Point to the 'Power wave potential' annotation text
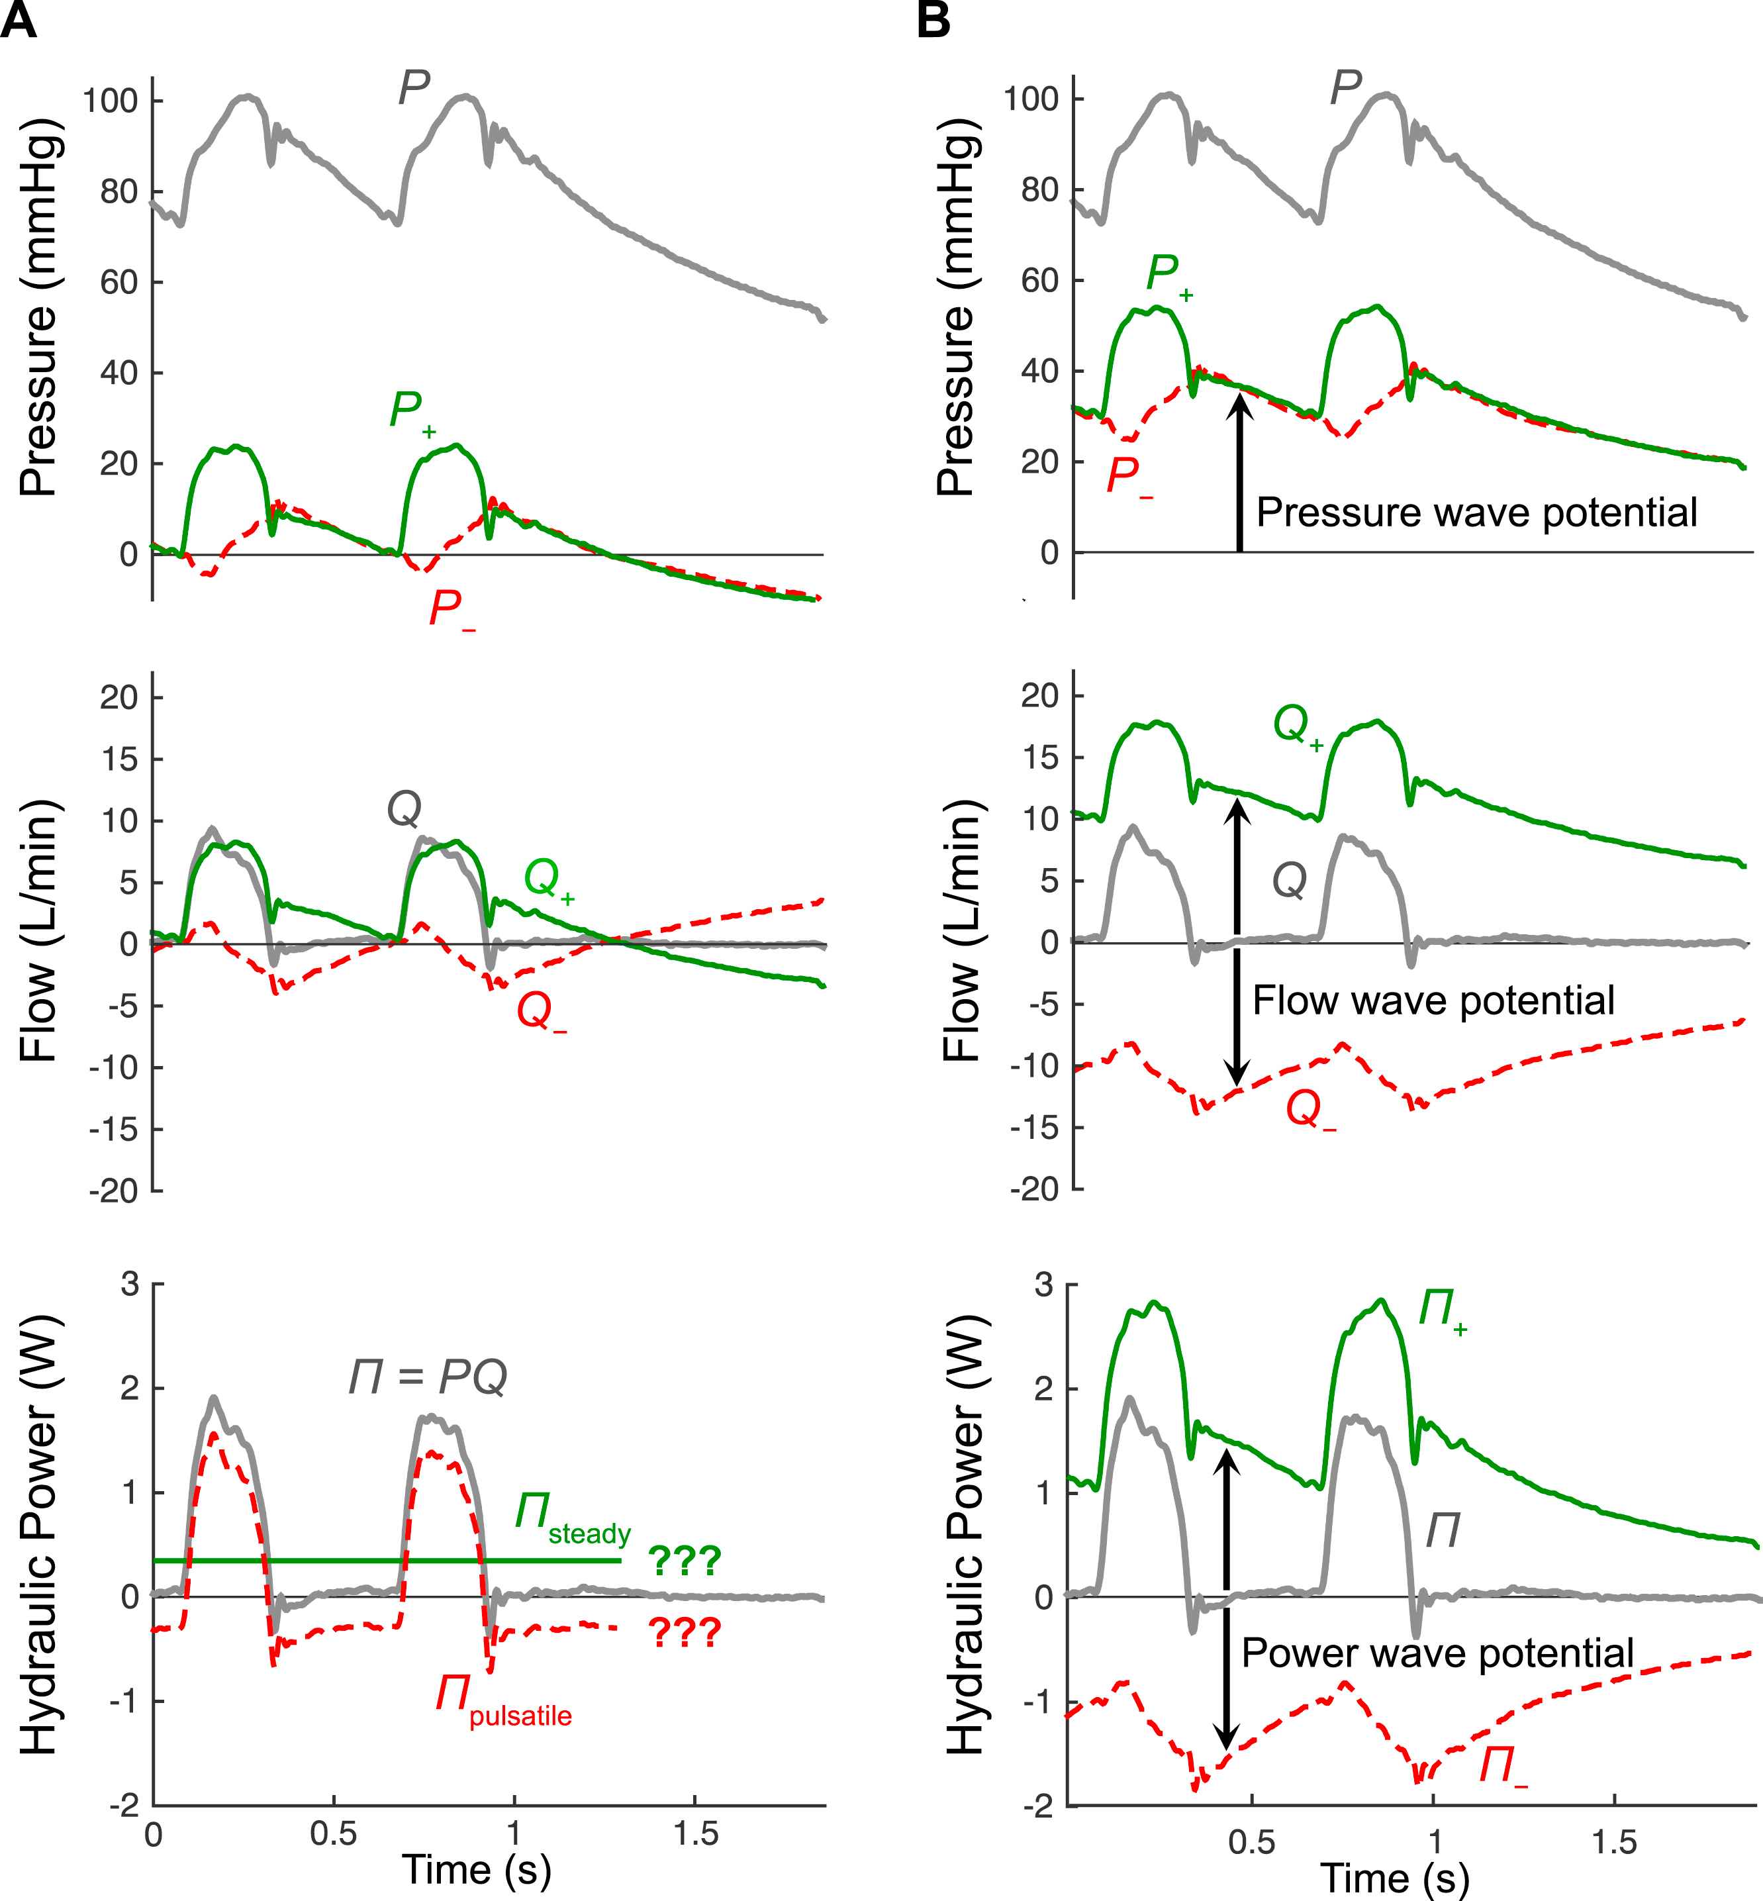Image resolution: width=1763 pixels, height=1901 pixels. click(1438, 1653)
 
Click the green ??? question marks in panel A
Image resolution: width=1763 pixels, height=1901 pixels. click(684, 1561)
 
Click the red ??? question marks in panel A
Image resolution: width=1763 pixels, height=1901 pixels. click(684, 1633)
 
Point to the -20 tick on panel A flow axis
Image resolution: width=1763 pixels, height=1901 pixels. click(113, 1191)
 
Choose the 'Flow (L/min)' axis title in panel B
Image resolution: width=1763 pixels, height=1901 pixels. click(962, 930)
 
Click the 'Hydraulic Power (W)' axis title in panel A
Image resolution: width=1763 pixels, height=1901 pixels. click(40, 1535)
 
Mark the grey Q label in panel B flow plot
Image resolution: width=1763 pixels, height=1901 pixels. click(1289, 880)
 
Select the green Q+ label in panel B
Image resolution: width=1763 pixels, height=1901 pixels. click(1298, 727)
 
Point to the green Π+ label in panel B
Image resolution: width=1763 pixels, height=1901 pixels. click(1441, 1309)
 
